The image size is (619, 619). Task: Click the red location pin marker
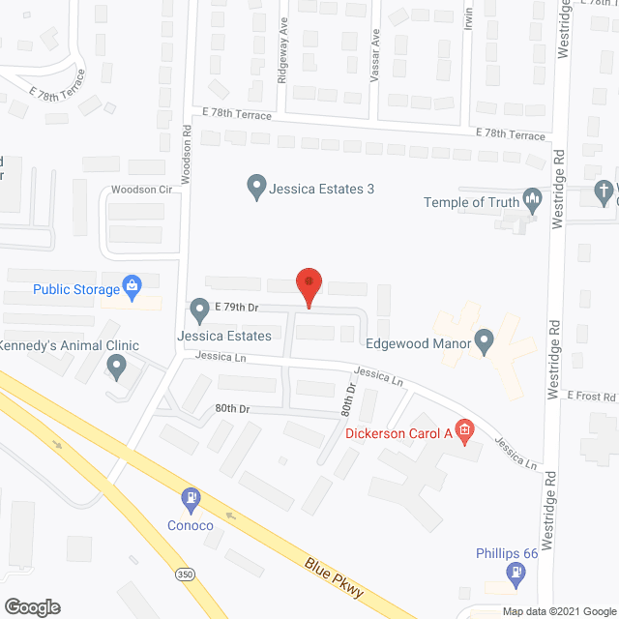pos(309,286)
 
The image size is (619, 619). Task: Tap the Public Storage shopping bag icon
pos(133,286)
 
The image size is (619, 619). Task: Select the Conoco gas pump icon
pos(192,499)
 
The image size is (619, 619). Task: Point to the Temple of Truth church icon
pos(532,201)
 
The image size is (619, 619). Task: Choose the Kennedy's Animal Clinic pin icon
pos(116,367)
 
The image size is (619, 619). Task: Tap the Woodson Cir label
pos(140,190)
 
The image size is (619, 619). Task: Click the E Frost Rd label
pos(591,397)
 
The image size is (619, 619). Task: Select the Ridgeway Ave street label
pos(283,63)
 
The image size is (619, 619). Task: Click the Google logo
pos(31,606)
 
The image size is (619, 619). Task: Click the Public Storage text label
pos(75,288)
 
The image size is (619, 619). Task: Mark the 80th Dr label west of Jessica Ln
pos(232,409)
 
